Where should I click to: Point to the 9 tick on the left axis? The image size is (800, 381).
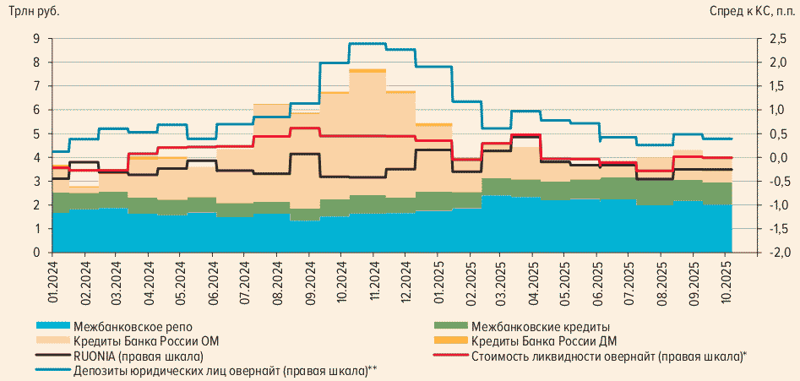click(36, 39)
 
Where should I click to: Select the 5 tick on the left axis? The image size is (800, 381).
click(36, 133)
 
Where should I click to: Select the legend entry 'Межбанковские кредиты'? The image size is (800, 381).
click(541, 327)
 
